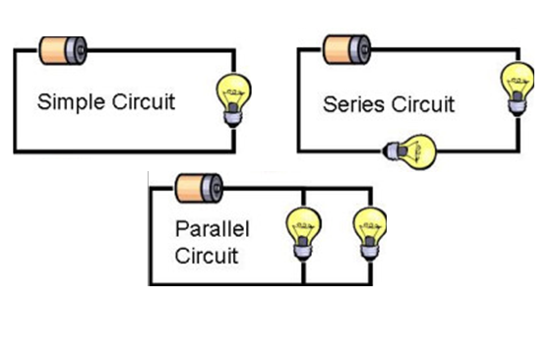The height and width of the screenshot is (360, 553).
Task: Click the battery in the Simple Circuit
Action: [x=63, y=51]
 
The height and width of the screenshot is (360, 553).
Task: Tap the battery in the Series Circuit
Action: [x=347, y=50]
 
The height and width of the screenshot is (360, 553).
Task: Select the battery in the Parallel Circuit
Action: [x=200, y=188]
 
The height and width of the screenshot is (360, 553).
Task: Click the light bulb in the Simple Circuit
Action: [x=233, y=100]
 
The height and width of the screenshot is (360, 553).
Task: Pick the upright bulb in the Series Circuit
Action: [x=518, y=89]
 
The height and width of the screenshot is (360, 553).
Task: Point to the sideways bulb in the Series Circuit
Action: [x=409, y=152]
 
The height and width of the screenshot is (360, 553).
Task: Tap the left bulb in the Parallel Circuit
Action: [x=303, y=234]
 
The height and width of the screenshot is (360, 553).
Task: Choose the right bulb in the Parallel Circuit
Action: [x=370, y=234]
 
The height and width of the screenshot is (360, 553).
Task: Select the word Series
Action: [x=353, y=104]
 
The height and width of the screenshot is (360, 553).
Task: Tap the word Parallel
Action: [x=213, y=229]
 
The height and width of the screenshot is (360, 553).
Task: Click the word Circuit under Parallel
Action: [x=207, y=256]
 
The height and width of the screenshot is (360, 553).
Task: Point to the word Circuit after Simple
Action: [x=144, y=101]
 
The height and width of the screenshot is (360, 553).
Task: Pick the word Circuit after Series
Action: [x=423, y=104]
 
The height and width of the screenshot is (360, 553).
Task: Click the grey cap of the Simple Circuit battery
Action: [x=76, y=51]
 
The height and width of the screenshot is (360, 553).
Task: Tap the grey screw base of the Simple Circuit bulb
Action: [x=233, y=115]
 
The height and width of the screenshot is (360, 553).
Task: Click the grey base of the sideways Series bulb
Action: [x=393, y=150]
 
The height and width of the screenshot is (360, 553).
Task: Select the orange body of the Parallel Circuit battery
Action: [x=189, y=189]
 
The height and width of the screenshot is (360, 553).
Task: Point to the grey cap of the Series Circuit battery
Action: [x=360, y=50]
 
